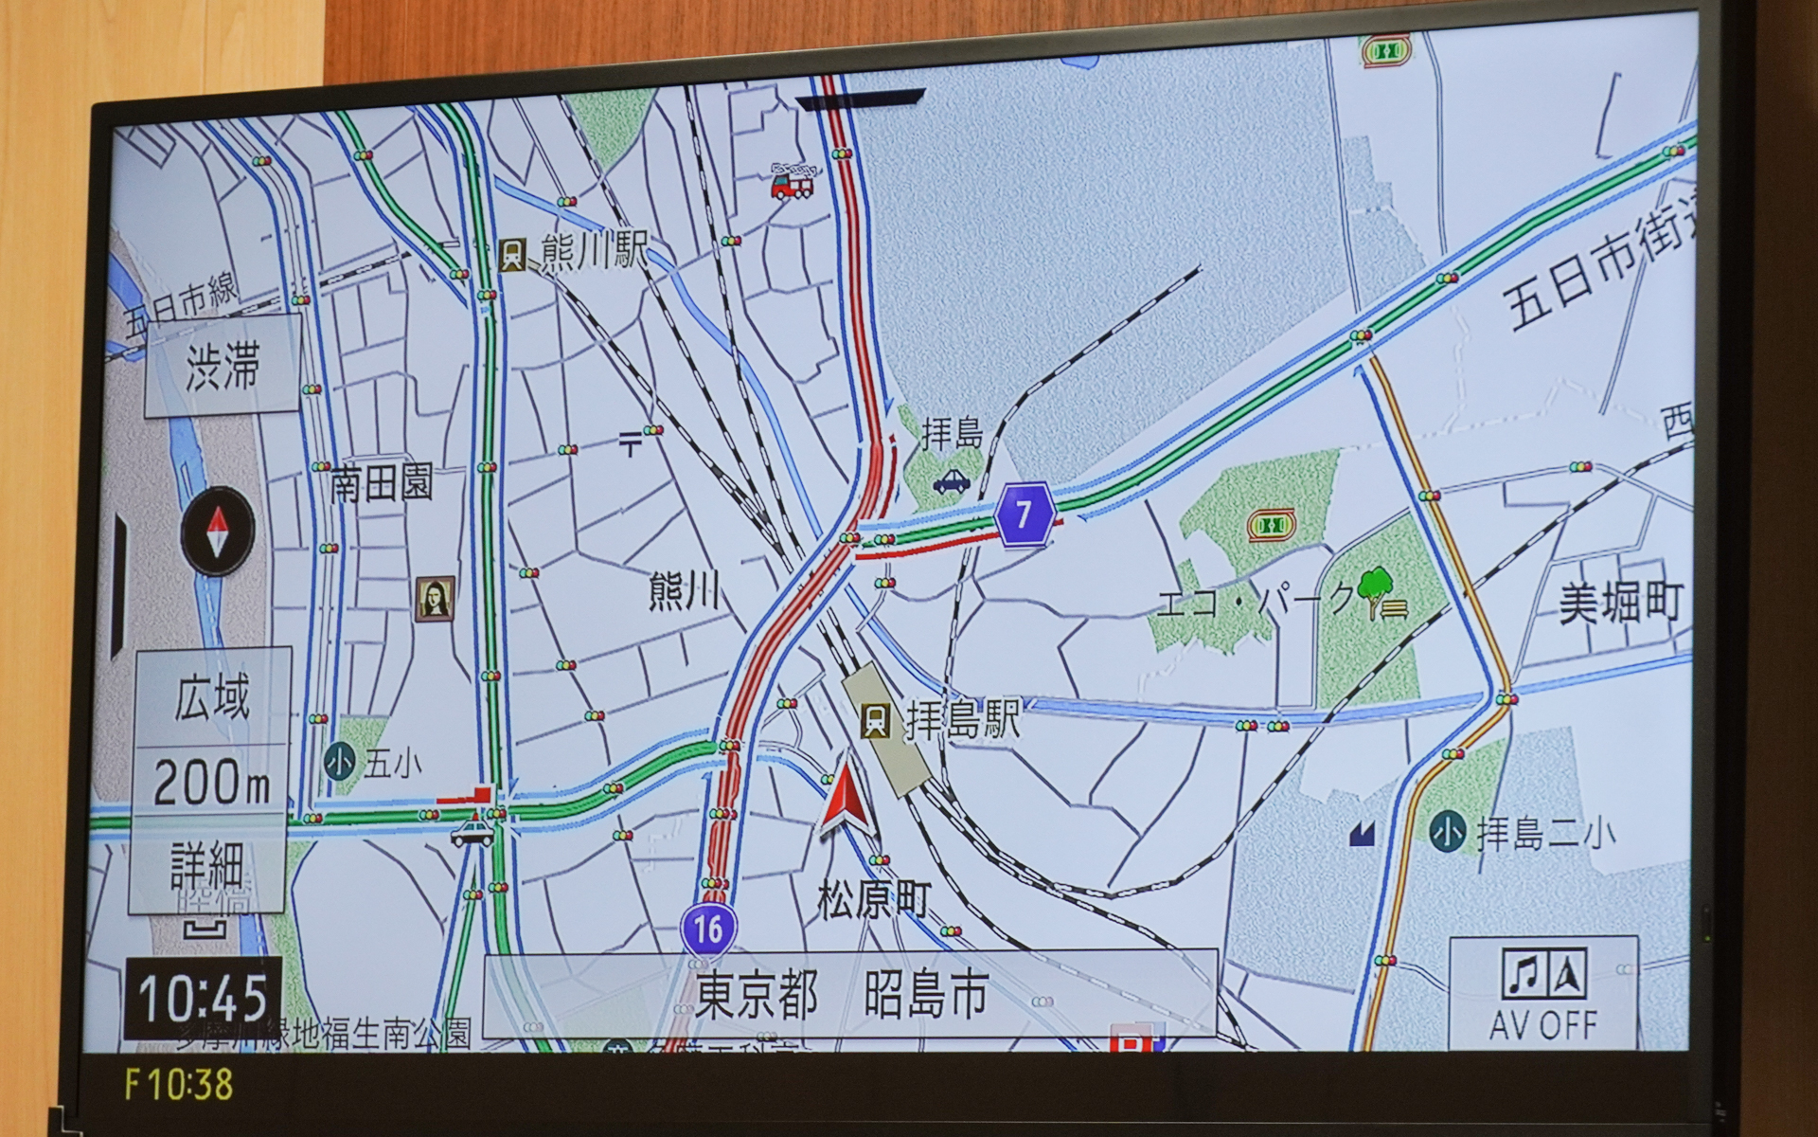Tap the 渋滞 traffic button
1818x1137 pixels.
pyautogui.click(x=222, y=366)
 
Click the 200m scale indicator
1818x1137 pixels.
pyautogui.click(x=211, y=783)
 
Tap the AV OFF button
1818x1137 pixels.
pyautogui.click(x=1542, y=992)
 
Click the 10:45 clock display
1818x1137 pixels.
pyautogui.click(x=203, y=998)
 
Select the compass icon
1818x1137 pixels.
pyautogui.click(x=218, y=531)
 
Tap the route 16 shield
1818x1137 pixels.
pyautogui.click(x=708, y=929)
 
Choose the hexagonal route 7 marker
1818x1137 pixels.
pyautogui.click(x=1024, y=514)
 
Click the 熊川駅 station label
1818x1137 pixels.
pyautogui.click(x=595, y=252)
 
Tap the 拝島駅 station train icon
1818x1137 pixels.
pyautogui.click(x=875, y=722)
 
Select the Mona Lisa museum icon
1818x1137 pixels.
pyautogui.click(x=435, y=599)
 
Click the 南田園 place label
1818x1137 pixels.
pyautogui.click(x=382, y=483)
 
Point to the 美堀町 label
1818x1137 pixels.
pyautogui.click(x=1621, y=602)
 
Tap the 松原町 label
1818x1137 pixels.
pyautogui.click(x=873, y=899)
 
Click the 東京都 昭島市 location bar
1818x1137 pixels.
pyautogui.click(x=848, y=994)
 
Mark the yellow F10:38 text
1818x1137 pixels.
pyautogui.click(x=179, y=1084)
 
